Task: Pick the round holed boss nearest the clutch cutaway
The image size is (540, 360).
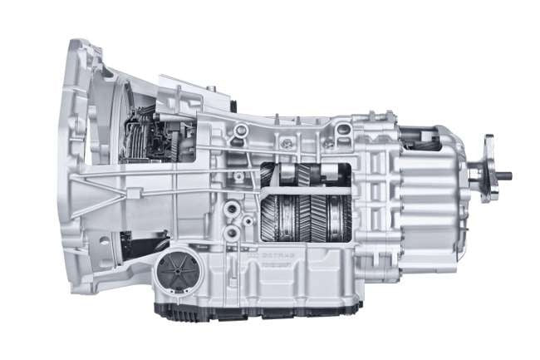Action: coord(240,131)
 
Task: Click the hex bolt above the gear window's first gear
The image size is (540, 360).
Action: coord(287,144)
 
